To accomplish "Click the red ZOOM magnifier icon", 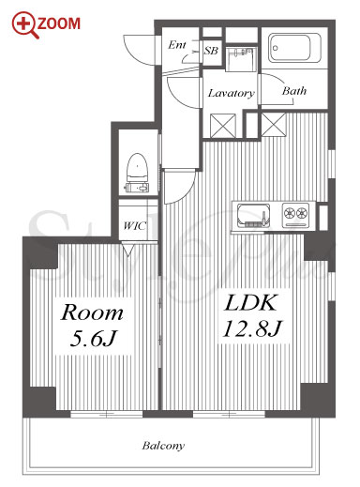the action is [25, 24].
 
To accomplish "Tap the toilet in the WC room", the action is [137, 173].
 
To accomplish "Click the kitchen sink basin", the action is [253, 216].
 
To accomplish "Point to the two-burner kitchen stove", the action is [295, 215].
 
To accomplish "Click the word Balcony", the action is [163, 445].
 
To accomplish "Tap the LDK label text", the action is [250, 302].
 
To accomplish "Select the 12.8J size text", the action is [252, 328].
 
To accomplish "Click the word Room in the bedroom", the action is [92, 312].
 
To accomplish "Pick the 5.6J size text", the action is [93, 338].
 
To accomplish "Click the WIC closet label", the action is [134, 225].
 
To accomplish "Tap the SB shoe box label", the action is [211, 51].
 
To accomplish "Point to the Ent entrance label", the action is [177, 45].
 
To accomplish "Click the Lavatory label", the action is [232, 93].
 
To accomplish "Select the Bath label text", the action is [294, 91].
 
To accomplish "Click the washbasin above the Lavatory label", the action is [241, 59].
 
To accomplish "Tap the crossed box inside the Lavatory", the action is [223, 126].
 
